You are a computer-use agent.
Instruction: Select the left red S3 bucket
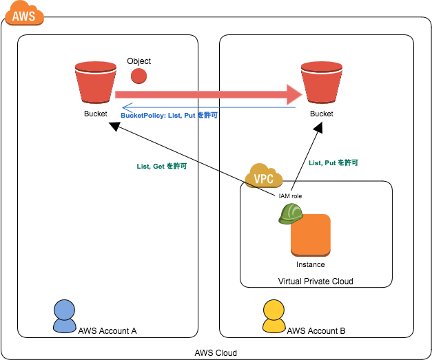pyautogui.click(x=95, y=85)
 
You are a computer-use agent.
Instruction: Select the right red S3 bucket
pyautogui.click(x=321, y=85)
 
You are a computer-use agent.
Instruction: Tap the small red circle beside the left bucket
pyautogui.click(x=138, y=76)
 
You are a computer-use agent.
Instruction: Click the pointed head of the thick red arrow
pyautogui.click(x=294, y=94)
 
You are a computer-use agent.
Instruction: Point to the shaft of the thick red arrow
pyautogui.click(x=200, y=94)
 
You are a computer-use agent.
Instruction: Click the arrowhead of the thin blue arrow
pyautogui.click(x=126, y=107)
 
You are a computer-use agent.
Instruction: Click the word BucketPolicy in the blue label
pyautogui.click(x=143, y=116)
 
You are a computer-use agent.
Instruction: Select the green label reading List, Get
pyautogui.click(x=162, y=166)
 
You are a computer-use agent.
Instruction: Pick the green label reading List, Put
pyautogui.click(x=333, y=163)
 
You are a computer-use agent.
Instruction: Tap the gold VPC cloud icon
pyautogui.click(x=263, y=177)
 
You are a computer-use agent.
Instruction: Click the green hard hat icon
pyautogui.click(x=291, y=213)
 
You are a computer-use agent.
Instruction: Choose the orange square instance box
pyautogui.click(x=311, y=235)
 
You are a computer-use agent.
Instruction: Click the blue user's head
pyautogui.click(x=64, y=309)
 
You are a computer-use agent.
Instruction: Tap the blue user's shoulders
pyautogui.click(x=64, y=326)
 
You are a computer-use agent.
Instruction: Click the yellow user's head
pyautogui.click(x=274, y=309)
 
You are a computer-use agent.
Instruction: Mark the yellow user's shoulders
pyautogui.click(x=274, y=326)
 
